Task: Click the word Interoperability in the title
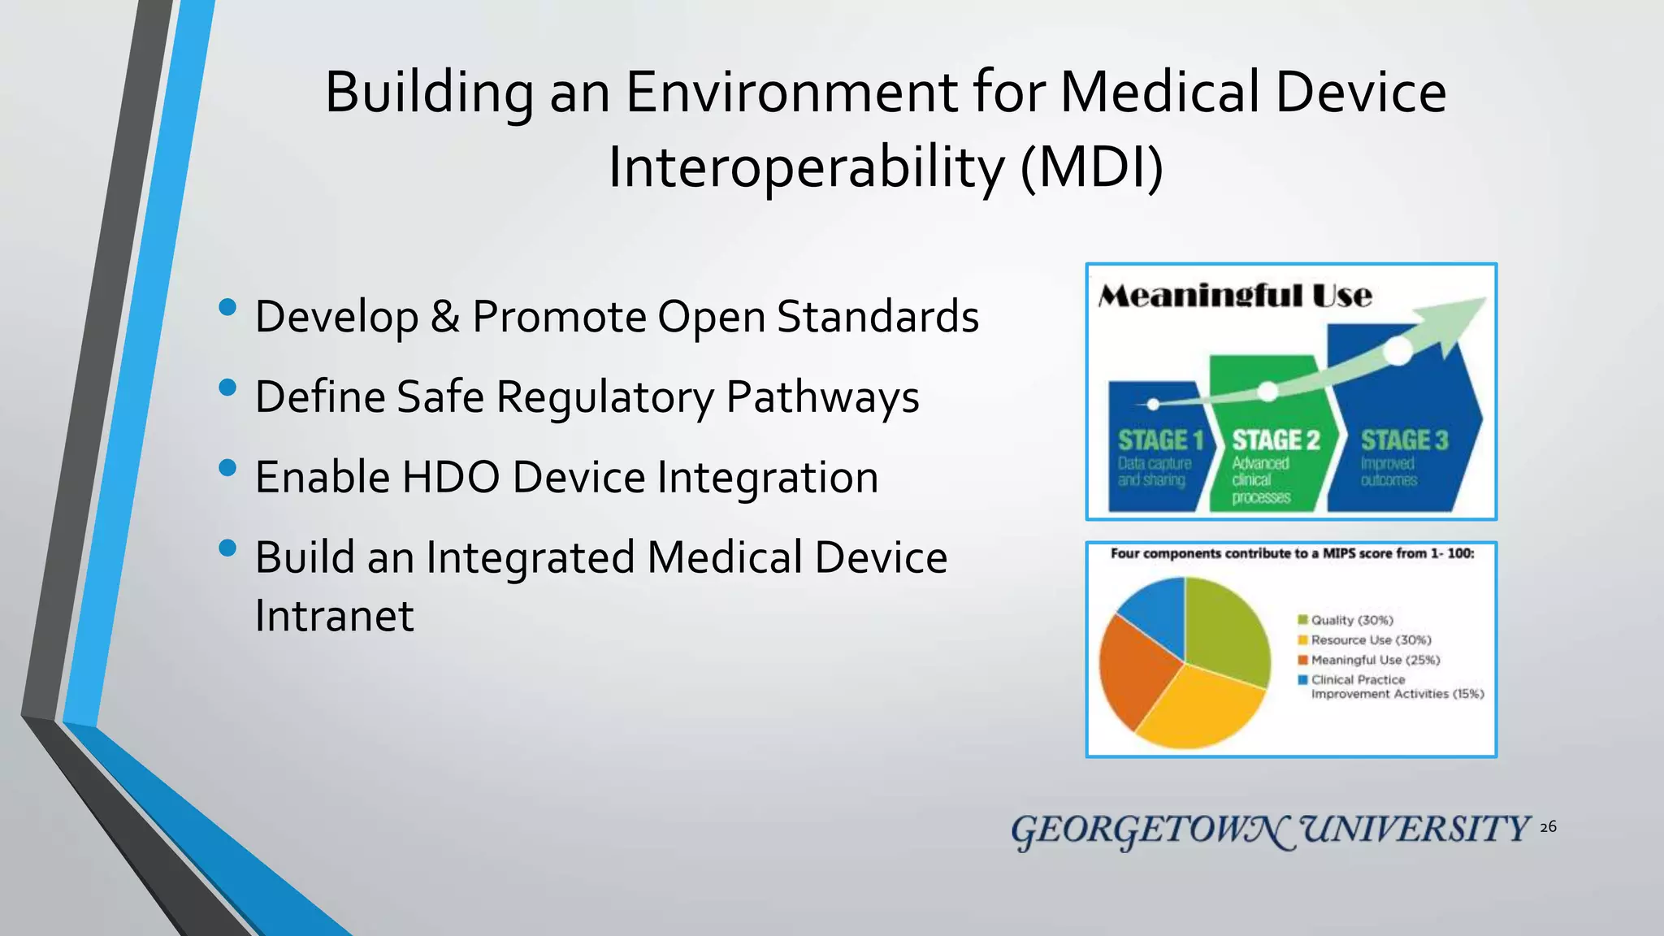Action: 806,168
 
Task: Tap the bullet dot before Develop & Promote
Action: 227,308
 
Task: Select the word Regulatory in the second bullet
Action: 604,397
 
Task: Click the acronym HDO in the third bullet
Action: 450,477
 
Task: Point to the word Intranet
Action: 334,615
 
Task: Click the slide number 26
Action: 1548,827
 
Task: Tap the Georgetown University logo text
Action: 1270,830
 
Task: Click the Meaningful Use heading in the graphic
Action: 1234,297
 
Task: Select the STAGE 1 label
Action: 1160,440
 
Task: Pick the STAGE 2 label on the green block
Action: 1276,440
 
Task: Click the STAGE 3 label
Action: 1404,440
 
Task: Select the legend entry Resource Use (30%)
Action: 1370,640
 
